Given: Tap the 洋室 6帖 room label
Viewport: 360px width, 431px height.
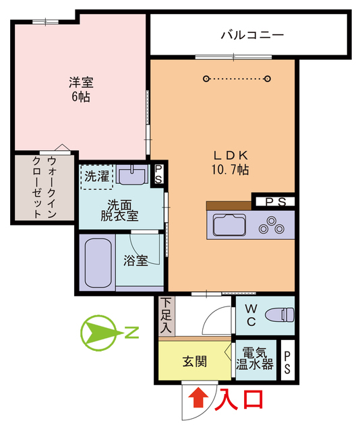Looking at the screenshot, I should point(80,90).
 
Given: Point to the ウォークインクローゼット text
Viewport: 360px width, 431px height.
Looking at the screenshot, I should point(43,187).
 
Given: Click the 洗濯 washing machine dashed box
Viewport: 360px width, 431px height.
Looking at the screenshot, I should point(96,177).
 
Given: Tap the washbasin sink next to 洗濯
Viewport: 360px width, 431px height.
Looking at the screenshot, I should point(132,176).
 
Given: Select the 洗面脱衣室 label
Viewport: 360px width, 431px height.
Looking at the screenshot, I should point(119,210).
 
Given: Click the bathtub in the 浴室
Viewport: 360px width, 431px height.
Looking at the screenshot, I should point(97,261).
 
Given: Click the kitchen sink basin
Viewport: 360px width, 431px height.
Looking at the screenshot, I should point(231,224).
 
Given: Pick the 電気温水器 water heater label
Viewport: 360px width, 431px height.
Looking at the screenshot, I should point(254,360).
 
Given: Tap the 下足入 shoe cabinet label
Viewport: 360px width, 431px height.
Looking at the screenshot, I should point(167,317).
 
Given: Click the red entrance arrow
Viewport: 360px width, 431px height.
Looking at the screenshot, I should point(198,399).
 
